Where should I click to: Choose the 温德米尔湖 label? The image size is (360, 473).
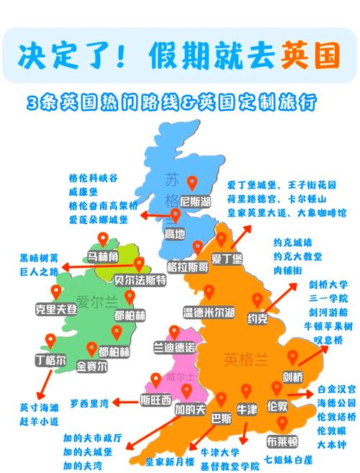[209, 312]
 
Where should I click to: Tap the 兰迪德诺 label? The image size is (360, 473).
[175, 348]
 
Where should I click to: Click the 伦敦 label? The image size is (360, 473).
[279, 407]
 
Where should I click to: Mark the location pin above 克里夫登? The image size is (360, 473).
[55, 292]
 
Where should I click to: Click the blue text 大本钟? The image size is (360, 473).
[331, 444]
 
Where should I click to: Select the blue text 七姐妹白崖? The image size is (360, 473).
[287, 459]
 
